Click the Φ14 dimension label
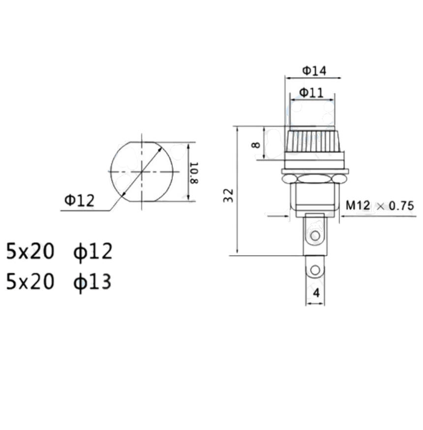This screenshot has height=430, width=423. [314, 71]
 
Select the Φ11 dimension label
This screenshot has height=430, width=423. [311, 92]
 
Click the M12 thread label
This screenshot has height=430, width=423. [358, 206]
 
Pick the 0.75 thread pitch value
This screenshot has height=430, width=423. [400, 206]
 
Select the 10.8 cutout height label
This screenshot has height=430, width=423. [194, 172]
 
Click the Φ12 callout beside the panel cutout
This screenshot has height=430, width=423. [79, 201]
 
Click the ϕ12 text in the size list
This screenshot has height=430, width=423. [93, 252]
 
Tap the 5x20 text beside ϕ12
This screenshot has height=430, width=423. [30, 252]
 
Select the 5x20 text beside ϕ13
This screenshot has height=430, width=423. [30, 282]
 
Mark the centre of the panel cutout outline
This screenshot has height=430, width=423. [141, 172]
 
